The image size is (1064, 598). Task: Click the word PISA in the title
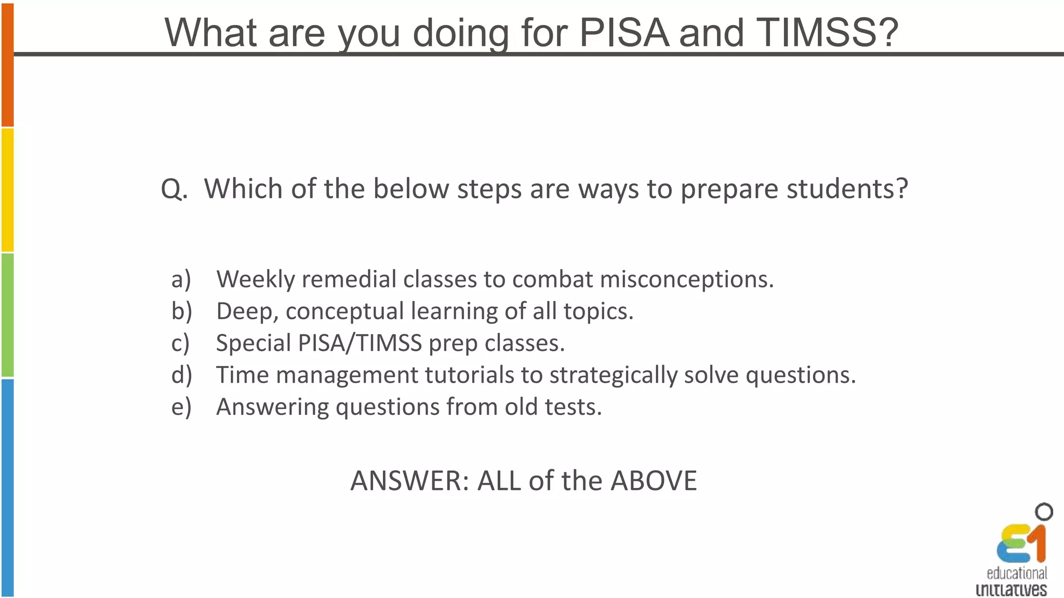point(623,32)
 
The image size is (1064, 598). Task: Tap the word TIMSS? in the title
point(827,32)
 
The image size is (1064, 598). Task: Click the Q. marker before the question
point(174,189)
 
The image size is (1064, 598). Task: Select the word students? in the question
point(847,189)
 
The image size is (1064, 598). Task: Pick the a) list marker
point(181,279)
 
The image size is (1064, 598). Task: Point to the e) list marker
point(181,407)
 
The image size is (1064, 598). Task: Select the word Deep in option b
point(247,311)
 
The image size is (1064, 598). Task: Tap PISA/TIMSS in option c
point(360,343)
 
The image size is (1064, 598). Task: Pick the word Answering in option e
point(272,407)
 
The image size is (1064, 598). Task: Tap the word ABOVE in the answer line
point(654,481)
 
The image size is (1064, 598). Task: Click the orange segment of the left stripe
point(7,65)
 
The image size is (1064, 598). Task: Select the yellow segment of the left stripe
point(7,190)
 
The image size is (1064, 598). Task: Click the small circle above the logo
point(1044,512)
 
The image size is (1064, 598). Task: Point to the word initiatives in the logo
point(1011,590)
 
